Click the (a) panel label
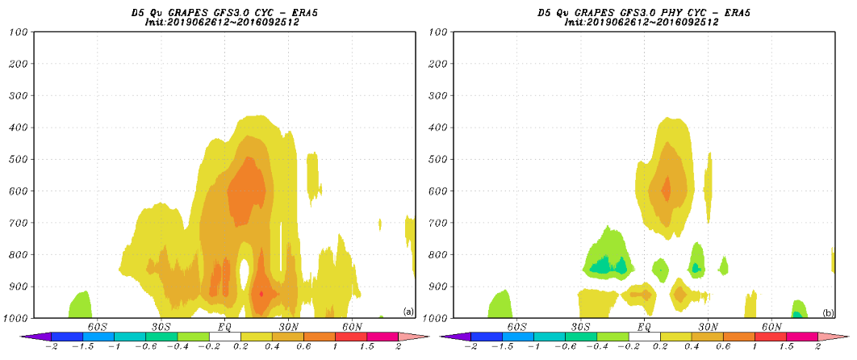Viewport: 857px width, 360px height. (x=408, y=312)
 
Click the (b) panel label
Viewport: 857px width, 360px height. (x=827, y=312)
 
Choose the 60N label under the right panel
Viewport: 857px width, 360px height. (x=771, y=327)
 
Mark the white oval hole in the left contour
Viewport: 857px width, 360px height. (x=245, y=274)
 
